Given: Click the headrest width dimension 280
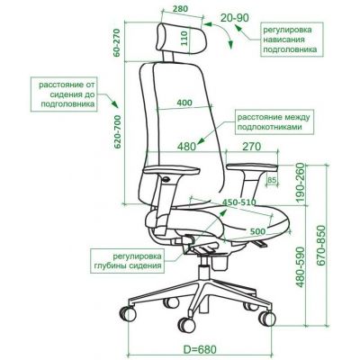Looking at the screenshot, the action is tap(181, 9).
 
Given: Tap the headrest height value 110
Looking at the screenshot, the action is tap(184, 38).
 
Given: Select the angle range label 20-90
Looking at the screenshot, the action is tap(235, 18).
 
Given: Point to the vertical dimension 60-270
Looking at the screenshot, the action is tap(117, 42).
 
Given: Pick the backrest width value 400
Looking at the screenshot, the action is tap(184, 103).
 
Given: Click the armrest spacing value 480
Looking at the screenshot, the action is tap(186, 147).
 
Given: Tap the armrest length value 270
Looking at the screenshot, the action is tap(251, 147).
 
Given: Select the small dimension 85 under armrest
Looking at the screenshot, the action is tap(271, 180).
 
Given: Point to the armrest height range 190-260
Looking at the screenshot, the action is tap(300, 183).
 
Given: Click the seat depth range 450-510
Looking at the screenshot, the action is tap(238, 202).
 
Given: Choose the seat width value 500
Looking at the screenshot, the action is tap(258, 231).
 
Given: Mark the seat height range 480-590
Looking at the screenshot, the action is tap(300, 267).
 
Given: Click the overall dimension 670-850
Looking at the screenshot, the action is tap(321, 246).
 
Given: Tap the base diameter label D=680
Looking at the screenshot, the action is tap(200, 350).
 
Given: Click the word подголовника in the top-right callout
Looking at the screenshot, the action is tap(290, 49).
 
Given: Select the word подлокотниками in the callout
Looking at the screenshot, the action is tap(270, 127).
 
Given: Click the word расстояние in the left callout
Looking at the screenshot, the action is tap(60, 85).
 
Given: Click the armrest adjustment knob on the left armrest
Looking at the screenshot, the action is tap(166, 179).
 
